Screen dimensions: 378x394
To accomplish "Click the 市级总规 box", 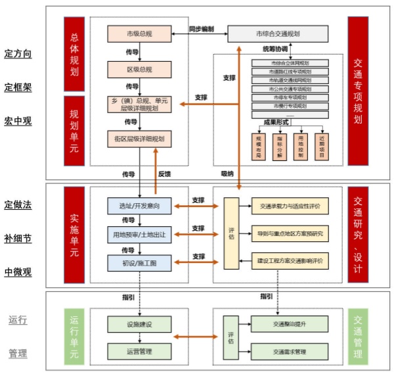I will click(x=139, y=32).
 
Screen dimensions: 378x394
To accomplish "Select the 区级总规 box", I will click(x=139, y=68).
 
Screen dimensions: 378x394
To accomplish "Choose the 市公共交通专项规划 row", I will click(x=290, y=88).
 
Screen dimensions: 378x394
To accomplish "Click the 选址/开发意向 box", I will click(x=139, y=206).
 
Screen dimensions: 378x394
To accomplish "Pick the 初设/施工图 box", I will click(x=139, y=263).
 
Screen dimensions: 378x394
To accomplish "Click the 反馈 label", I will click(x=165, y=174).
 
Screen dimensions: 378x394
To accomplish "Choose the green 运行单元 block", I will click(x=74, y=337).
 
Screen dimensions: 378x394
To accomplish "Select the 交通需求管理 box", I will click(x=290, y=352).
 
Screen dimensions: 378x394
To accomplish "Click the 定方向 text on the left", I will click(x=18, y=53).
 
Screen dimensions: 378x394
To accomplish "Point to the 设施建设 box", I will click(x=139, y=325).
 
